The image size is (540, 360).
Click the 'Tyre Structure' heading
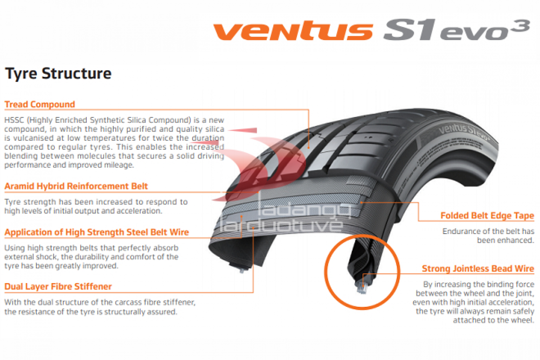[x=58, y=73]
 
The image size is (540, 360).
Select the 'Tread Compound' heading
[x=40, y=104]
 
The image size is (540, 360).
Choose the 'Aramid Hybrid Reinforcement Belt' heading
[x=76, y=187]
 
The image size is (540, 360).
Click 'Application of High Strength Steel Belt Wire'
[x=97, y=232]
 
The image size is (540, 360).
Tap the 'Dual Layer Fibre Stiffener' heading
[x=58, y=286]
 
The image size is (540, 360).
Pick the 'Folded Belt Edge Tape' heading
[x=487, y=216]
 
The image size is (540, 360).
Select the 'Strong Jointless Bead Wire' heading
[x=478, y=269]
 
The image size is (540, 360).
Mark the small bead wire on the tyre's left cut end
[x=242, y=270]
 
